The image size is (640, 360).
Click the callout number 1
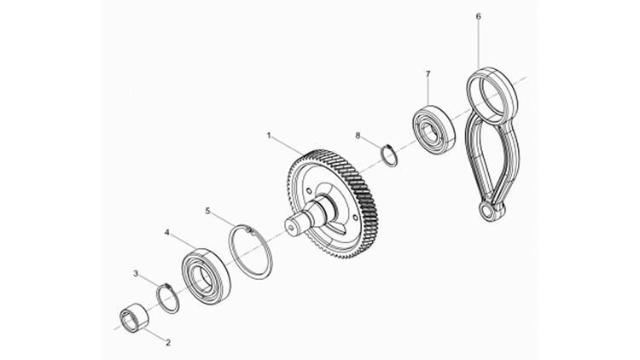click(269, 136)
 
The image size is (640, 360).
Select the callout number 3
click(136, 273)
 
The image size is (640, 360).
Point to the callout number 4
click(167, 232)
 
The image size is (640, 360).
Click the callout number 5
click(207, 210)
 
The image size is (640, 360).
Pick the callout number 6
click(478, 15)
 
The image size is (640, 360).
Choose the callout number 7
click(428, 74)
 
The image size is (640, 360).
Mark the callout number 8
click(358, 135)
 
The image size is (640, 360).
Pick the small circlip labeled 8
click(388, 156)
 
